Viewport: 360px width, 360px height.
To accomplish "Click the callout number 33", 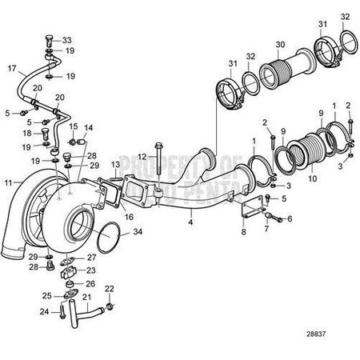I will click(x=67, y=40).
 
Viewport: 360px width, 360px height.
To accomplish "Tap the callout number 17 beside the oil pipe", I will click(x=11, y=70).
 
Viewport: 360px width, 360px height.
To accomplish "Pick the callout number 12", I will click(x=141, y=155).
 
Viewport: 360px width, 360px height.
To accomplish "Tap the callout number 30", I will click(x=279, y=44).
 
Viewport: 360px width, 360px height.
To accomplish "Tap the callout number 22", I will click(x=110, y=288).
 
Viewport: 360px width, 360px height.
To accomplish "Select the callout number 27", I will click(x=92, y=257).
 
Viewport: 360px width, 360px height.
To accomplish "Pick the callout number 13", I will click(x=115, y=164).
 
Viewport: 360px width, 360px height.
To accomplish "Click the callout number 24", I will click(x=44, y=311).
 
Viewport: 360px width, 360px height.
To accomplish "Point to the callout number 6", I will click(x=290, y=218).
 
